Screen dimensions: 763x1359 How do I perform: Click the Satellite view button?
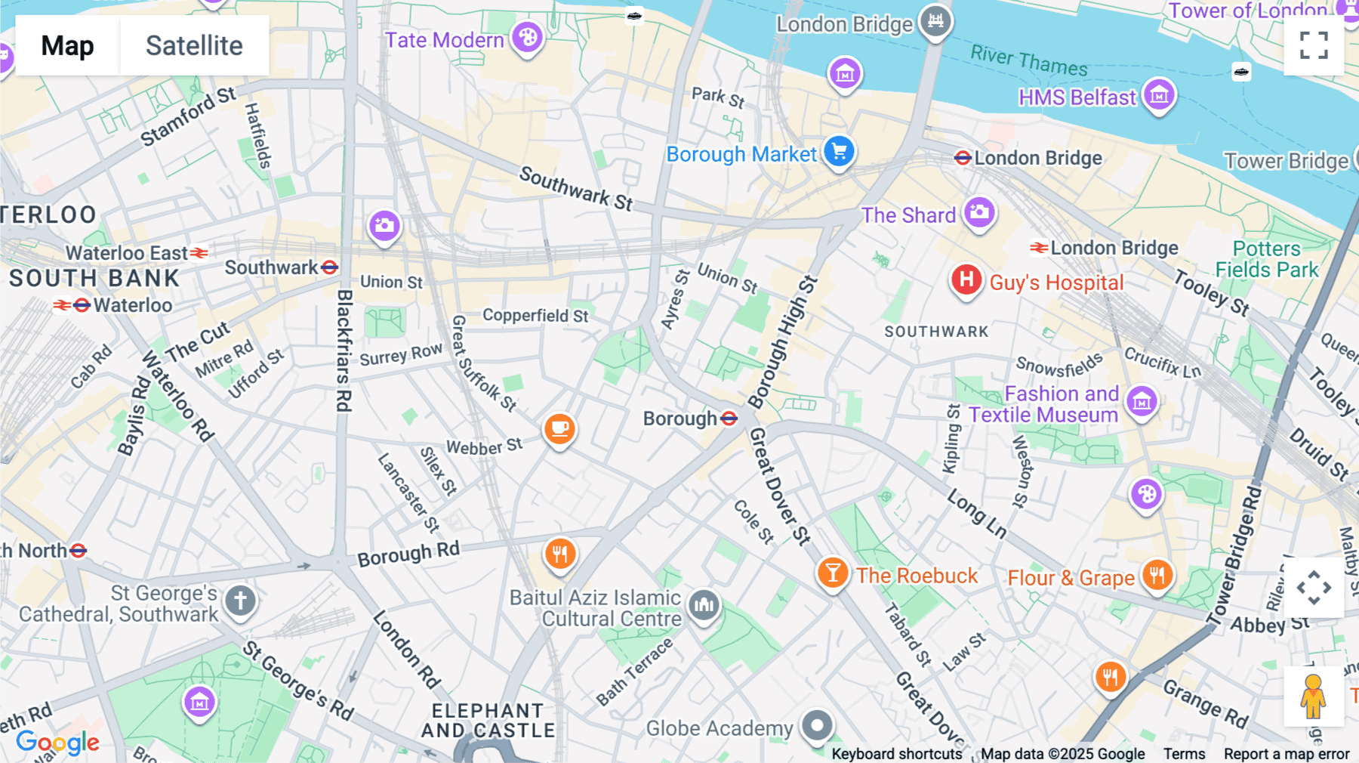tap(194, 45)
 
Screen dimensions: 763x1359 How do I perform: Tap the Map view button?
tap(67, 45)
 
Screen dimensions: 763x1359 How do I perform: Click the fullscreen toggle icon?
tap(1314, 45)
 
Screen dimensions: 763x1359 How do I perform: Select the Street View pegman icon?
tap(1313, 697)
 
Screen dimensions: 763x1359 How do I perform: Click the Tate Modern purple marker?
tap(527, 37)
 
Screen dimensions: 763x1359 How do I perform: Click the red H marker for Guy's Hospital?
tap(966, 280)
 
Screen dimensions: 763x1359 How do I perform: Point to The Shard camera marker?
tap(979, 213)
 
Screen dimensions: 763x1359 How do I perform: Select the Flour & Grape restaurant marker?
tap(1157, 576)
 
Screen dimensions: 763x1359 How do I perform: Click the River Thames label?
tap(1028, 60)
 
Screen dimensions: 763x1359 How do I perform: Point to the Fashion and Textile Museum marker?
tap(1142, 402)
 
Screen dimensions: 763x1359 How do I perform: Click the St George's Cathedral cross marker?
tap(240, 601)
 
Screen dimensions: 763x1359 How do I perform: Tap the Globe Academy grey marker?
tap(817, 726)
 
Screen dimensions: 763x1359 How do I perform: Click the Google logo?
tap(57, 743)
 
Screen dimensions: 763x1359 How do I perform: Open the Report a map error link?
tap(1286, 754)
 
